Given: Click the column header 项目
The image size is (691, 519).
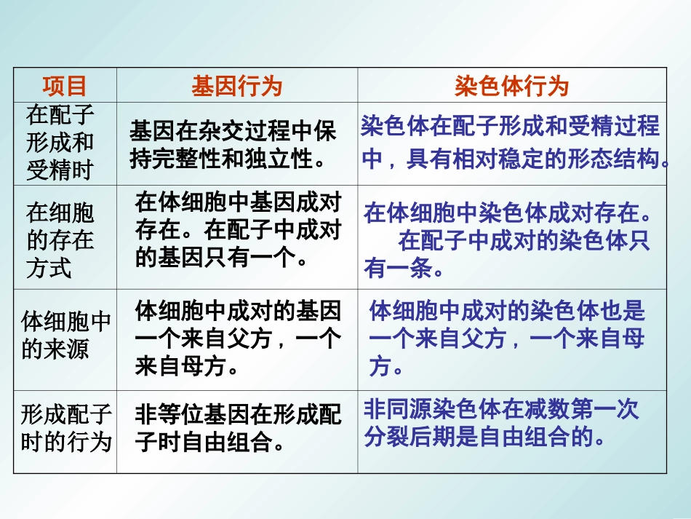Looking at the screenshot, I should (65, 86).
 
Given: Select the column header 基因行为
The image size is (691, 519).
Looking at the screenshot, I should (236, 87).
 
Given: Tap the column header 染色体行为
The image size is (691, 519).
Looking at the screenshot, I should (511, 87).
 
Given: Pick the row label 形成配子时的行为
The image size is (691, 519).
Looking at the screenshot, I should (65, 428).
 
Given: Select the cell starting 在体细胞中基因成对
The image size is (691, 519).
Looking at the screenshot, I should (238, 229).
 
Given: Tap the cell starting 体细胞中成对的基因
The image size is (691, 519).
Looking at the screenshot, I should (238, 339).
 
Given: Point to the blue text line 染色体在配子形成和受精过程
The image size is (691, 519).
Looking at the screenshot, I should (510, 127).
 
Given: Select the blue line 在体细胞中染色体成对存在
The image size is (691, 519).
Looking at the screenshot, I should (507, 213).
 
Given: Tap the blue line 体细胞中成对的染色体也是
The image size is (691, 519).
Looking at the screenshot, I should (507, 312).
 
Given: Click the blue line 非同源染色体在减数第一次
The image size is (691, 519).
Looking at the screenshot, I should (501, 410).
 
